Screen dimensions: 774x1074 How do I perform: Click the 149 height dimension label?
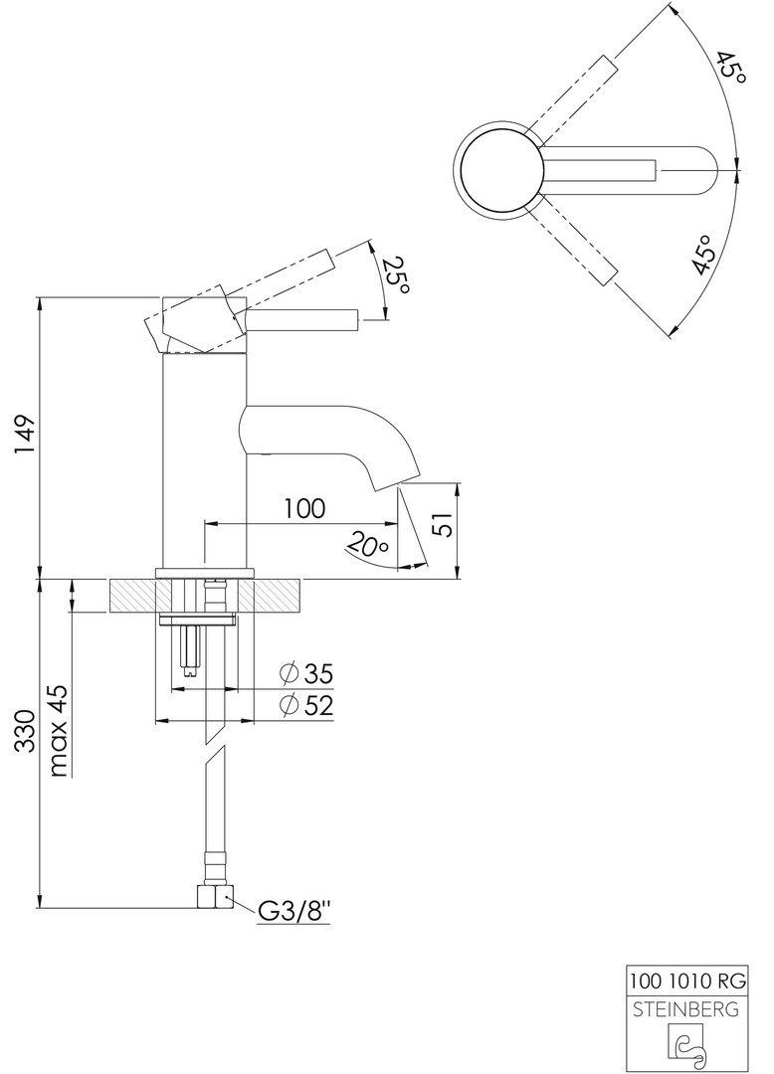(x=25, y=437)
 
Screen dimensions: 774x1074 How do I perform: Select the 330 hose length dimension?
(x=25, y=732)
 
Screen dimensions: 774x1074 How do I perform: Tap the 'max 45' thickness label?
(x=61, y=730)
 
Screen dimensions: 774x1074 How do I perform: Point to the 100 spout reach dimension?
(x=304, y=508)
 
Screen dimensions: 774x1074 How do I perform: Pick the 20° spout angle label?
(x=368, y=544)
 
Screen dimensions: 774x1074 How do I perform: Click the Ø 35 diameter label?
(x=306, y=674)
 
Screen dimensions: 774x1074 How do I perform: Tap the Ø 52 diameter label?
(x=306, y=705)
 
